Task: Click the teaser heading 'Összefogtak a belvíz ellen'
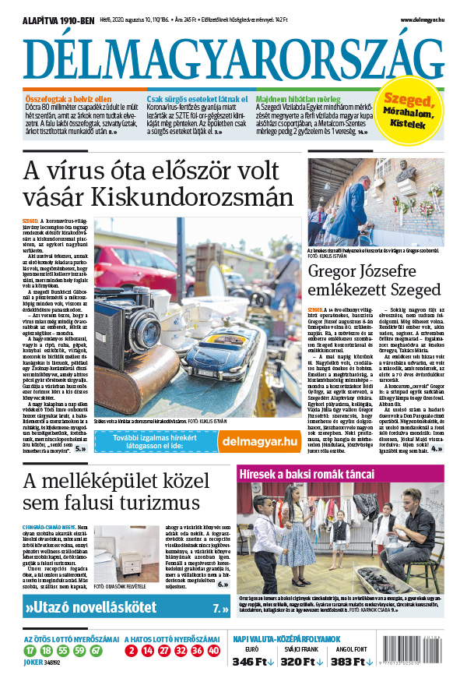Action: coord(65,100)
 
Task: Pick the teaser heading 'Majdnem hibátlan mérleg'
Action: coord(299,100)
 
